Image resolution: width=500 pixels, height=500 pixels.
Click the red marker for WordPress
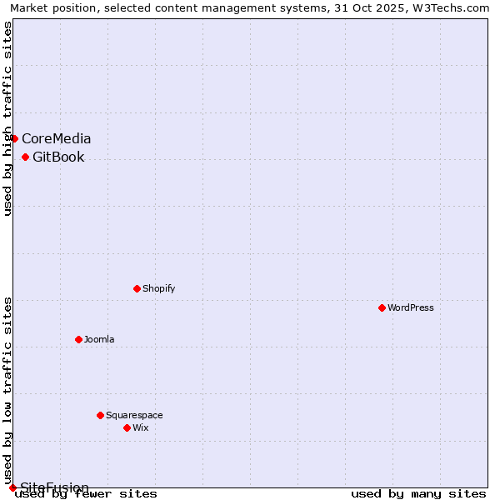point(382,307)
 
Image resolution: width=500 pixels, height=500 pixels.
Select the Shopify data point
point(137,288)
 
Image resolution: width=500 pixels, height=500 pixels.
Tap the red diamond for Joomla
point(78,339)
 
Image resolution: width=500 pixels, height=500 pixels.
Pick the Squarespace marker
point(100,415)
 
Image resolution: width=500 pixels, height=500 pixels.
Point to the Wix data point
point(127,427)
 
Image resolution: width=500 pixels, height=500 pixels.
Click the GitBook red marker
point(25,157)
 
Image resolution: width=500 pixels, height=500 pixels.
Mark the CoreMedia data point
point(14,138)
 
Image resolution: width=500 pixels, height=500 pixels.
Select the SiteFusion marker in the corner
point(12,487)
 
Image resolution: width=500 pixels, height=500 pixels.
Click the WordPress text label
point(410,307)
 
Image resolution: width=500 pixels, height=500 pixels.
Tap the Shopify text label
point(158,288)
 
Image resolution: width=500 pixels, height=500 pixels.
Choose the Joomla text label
point(99,339)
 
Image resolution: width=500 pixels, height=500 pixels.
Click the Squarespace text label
point(134,415)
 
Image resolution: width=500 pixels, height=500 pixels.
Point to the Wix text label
point(140,427)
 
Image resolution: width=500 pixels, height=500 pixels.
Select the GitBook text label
point(58,157)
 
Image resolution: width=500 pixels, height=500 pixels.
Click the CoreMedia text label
point(57,138)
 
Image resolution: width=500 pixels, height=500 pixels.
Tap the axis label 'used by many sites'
point(418,494)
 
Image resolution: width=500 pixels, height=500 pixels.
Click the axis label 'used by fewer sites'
point(86,494)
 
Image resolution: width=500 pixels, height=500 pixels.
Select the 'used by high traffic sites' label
point(7,119)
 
